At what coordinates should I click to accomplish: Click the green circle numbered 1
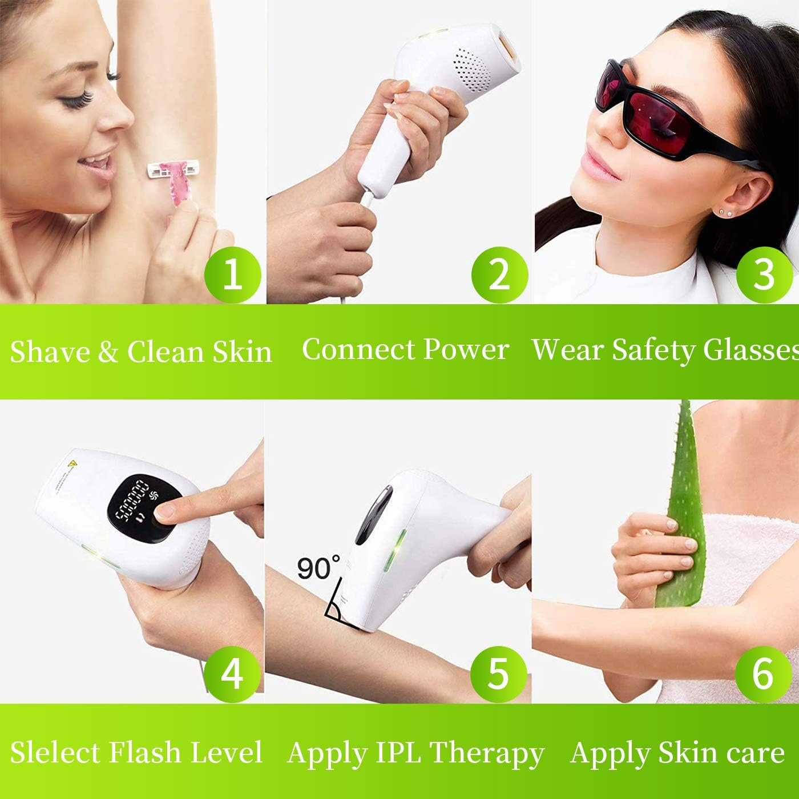[x=232, y=275]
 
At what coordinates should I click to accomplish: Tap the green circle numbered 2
[x=499, y=275]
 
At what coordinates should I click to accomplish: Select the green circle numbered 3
[x=764, y=275]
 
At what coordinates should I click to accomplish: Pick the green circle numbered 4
[x=232, y=674]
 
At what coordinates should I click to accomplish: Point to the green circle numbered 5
[x=498, y=674]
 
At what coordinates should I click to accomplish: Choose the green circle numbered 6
[x=763, y=674]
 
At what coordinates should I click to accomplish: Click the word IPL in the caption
[x=398, y=753]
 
